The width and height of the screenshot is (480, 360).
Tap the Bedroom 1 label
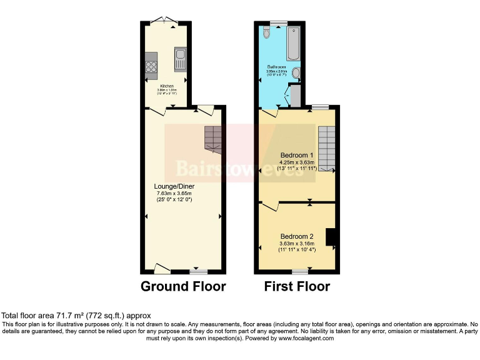coord(297,155)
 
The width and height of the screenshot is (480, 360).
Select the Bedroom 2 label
coord(297,236)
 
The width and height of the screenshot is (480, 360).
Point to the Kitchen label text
coord(166,86)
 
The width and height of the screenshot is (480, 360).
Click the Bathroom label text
coord(277,66)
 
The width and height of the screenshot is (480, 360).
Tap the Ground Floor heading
coord(183,287)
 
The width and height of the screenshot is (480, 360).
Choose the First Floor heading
coord(297,287)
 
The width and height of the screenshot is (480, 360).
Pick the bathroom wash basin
coord(296,76)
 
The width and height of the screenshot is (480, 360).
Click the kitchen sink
coord(180,60)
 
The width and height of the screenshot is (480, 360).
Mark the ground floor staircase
coord(213,139)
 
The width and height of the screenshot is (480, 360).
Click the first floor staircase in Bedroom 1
coord(326,149)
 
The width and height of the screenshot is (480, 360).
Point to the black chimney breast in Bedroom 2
coord(331,237)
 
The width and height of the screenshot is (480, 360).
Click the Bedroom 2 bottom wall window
coord(300,271)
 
